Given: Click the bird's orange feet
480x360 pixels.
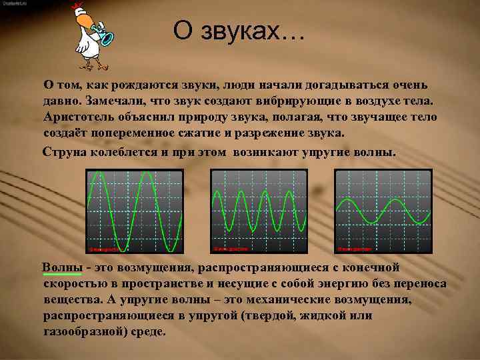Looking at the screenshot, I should point(94,65).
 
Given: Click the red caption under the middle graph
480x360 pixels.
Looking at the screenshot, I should point(231,249).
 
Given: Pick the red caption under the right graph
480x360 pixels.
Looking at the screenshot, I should point(354,249).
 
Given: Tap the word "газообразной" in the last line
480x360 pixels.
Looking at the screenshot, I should point(83,331).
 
